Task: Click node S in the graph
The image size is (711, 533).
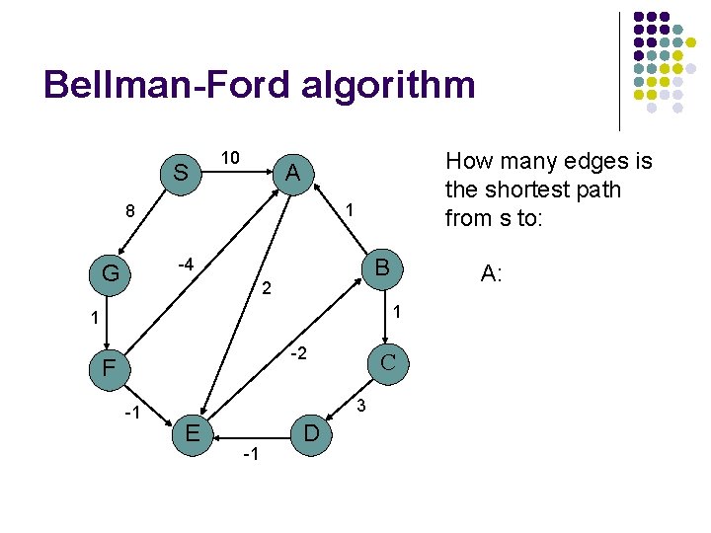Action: (x=181, y=173)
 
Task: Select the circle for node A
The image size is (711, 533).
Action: (x=291, y=173)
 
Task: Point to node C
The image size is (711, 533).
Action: (x=388, y=361)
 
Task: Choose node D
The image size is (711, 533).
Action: (x=310, y=433)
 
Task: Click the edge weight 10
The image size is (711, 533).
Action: (x=229, y=158)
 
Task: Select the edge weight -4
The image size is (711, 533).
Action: (x=183, y=265)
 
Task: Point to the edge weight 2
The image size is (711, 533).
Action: (x=265, y=290)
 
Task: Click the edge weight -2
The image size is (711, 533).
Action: (x=299, y=353)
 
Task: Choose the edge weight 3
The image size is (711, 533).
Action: (x=361, y=406)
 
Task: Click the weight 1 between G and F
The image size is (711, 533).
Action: (x=91, y=319)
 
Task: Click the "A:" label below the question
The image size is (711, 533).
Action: (x=492, y=273)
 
